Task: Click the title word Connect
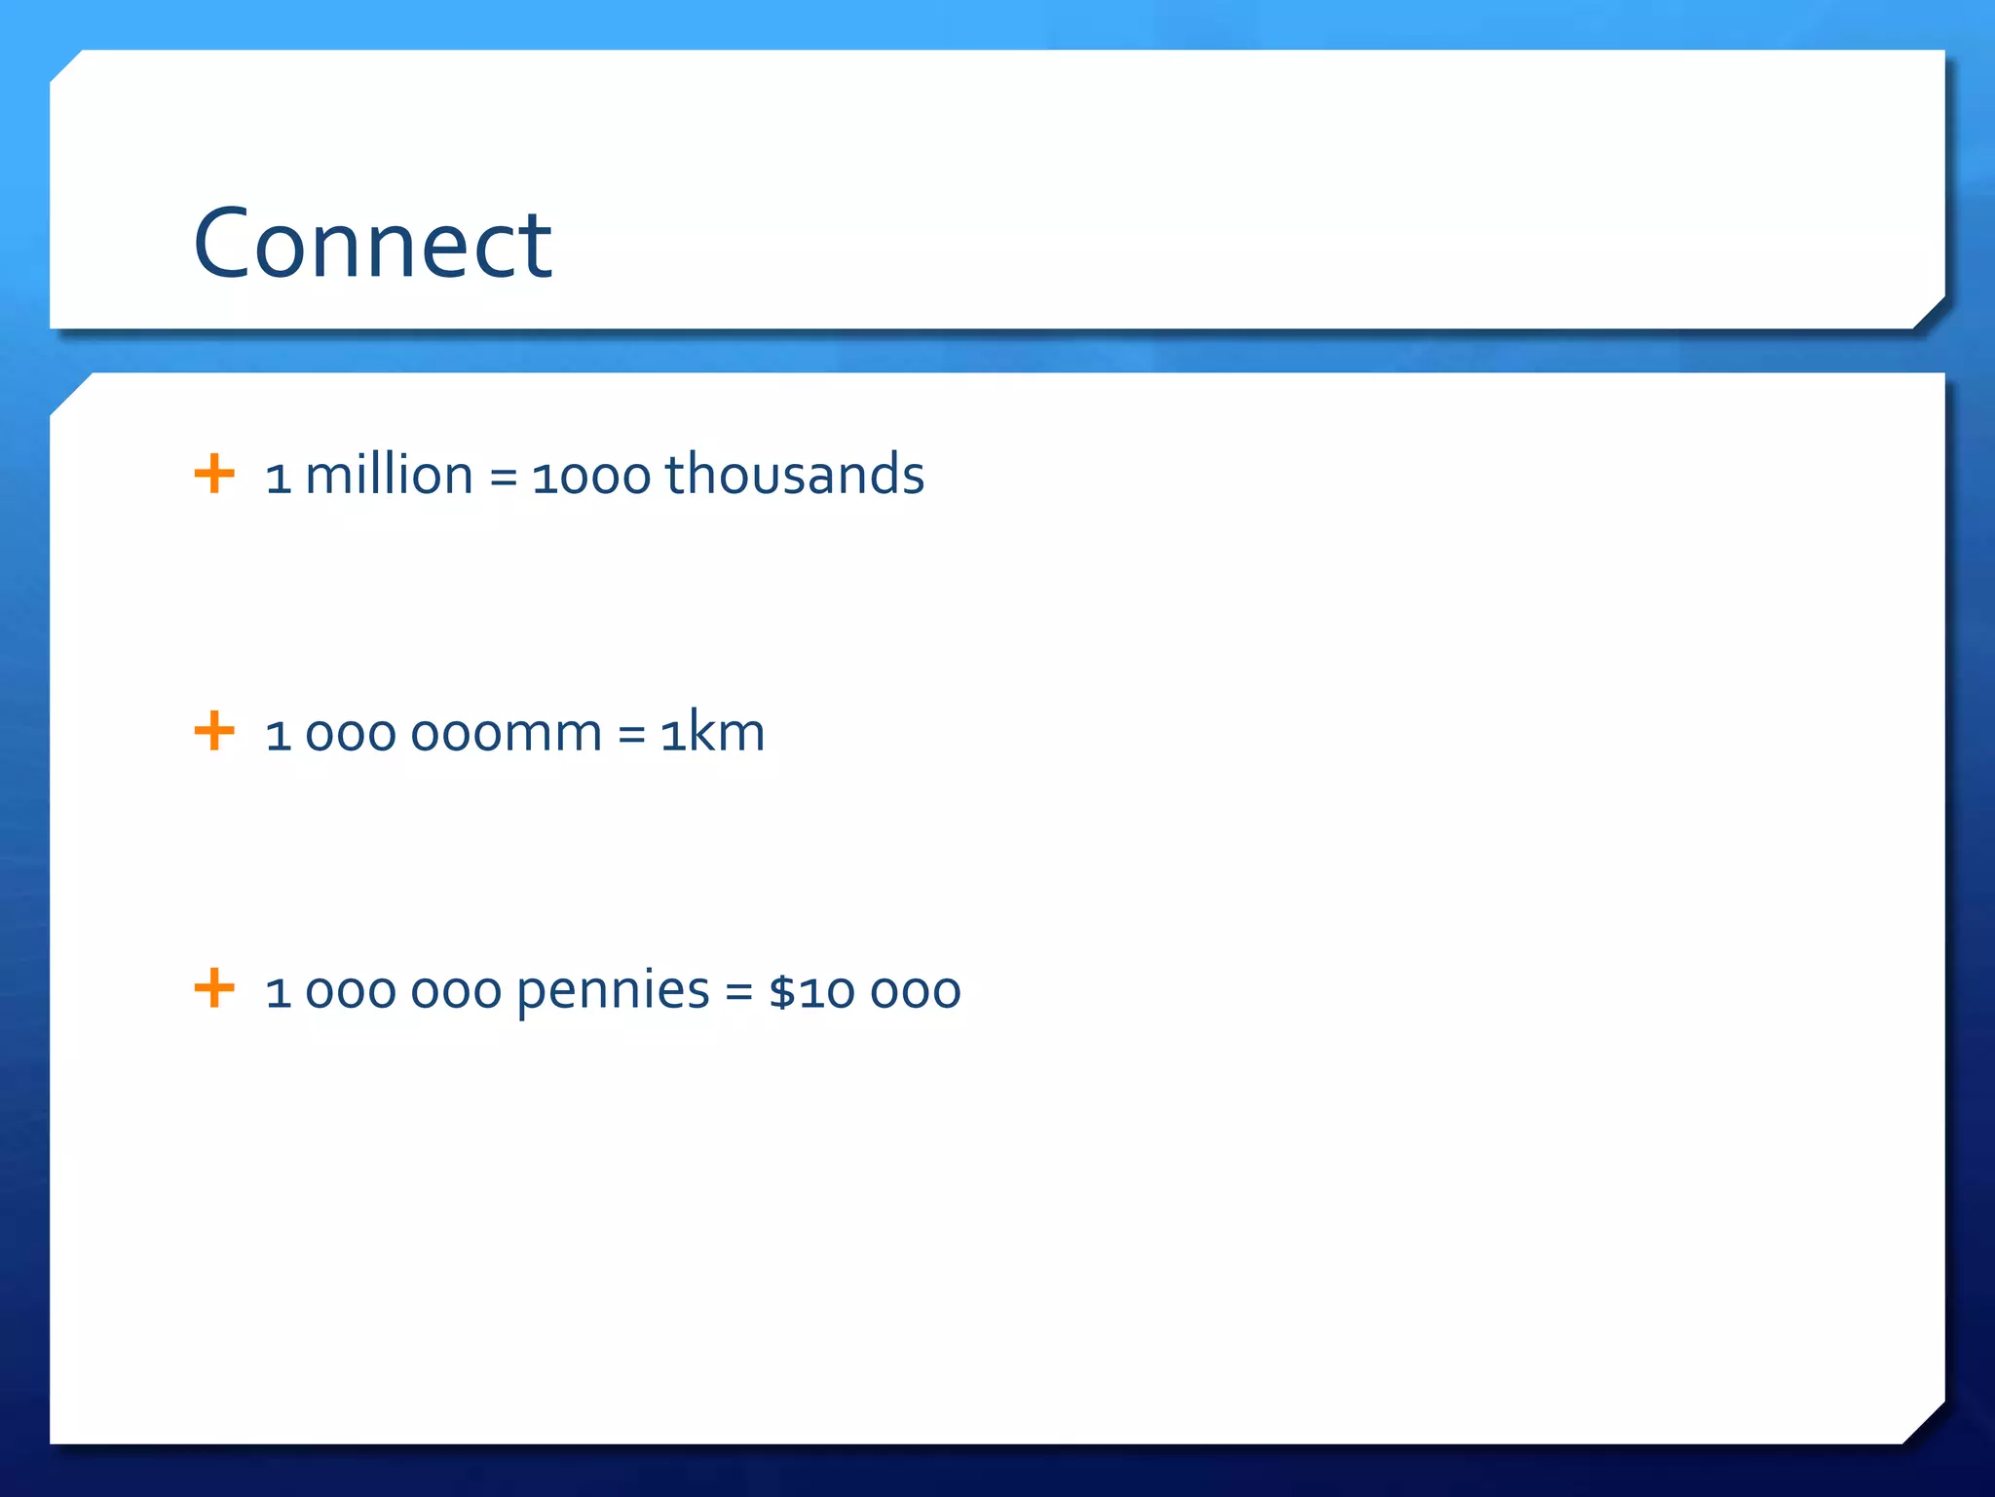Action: point(372,244)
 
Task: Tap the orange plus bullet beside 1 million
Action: point(214,475)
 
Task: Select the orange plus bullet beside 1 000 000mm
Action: point(214,732)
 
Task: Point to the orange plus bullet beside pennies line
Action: point(214,988)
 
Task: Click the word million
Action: point(389,476)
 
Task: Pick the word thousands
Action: point(794,476)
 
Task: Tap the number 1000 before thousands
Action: point(590,478)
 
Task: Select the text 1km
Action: point(712,733)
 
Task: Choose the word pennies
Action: point(613,992)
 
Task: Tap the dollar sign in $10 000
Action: point(782,992)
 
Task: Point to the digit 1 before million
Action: point(279,479)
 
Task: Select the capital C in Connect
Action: point(224,244)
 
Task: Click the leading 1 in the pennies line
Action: point(279,993)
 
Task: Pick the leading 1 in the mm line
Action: point(279,736)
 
